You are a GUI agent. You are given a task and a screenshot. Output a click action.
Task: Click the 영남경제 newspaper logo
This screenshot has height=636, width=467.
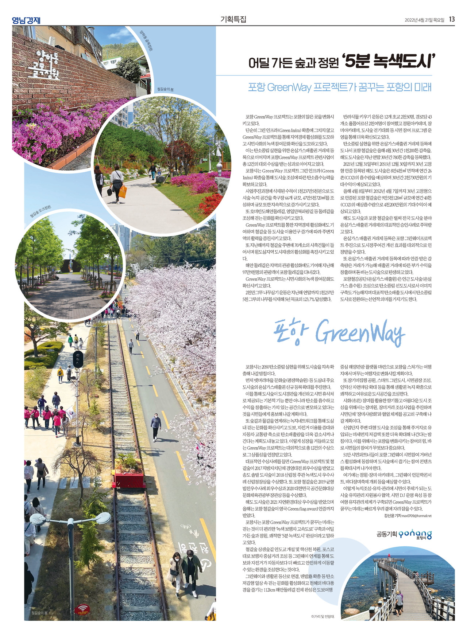(x=26, y=20)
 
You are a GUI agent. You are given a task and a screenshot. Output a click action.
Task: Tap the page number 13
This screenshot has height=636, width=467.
(x=452, y=19)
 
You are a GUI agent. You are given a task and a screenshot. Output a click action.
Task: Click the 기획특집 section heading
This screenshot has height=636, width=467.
(x=233, y=19)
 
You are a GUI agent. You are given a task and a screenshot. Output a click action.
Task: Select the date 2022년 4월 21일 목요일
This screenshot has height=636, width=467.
(x=424, y=20)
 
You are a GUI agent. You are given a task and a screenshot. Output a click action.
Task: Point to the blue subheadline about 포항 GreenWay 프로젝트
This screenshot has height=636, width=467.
(x=340, y=87)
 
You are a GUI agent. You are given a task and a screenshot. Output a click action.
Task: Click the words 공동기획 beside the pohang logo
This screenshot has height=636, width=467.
(x=386, y=534)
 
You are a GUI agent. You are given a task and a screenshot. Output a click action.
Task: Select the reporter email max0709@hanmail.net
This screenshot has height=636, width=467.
(x=416, y=516)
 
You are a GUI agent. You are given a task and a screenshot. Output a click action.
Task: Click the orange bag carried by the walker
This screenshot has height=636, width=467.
(x=123, y=191)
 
